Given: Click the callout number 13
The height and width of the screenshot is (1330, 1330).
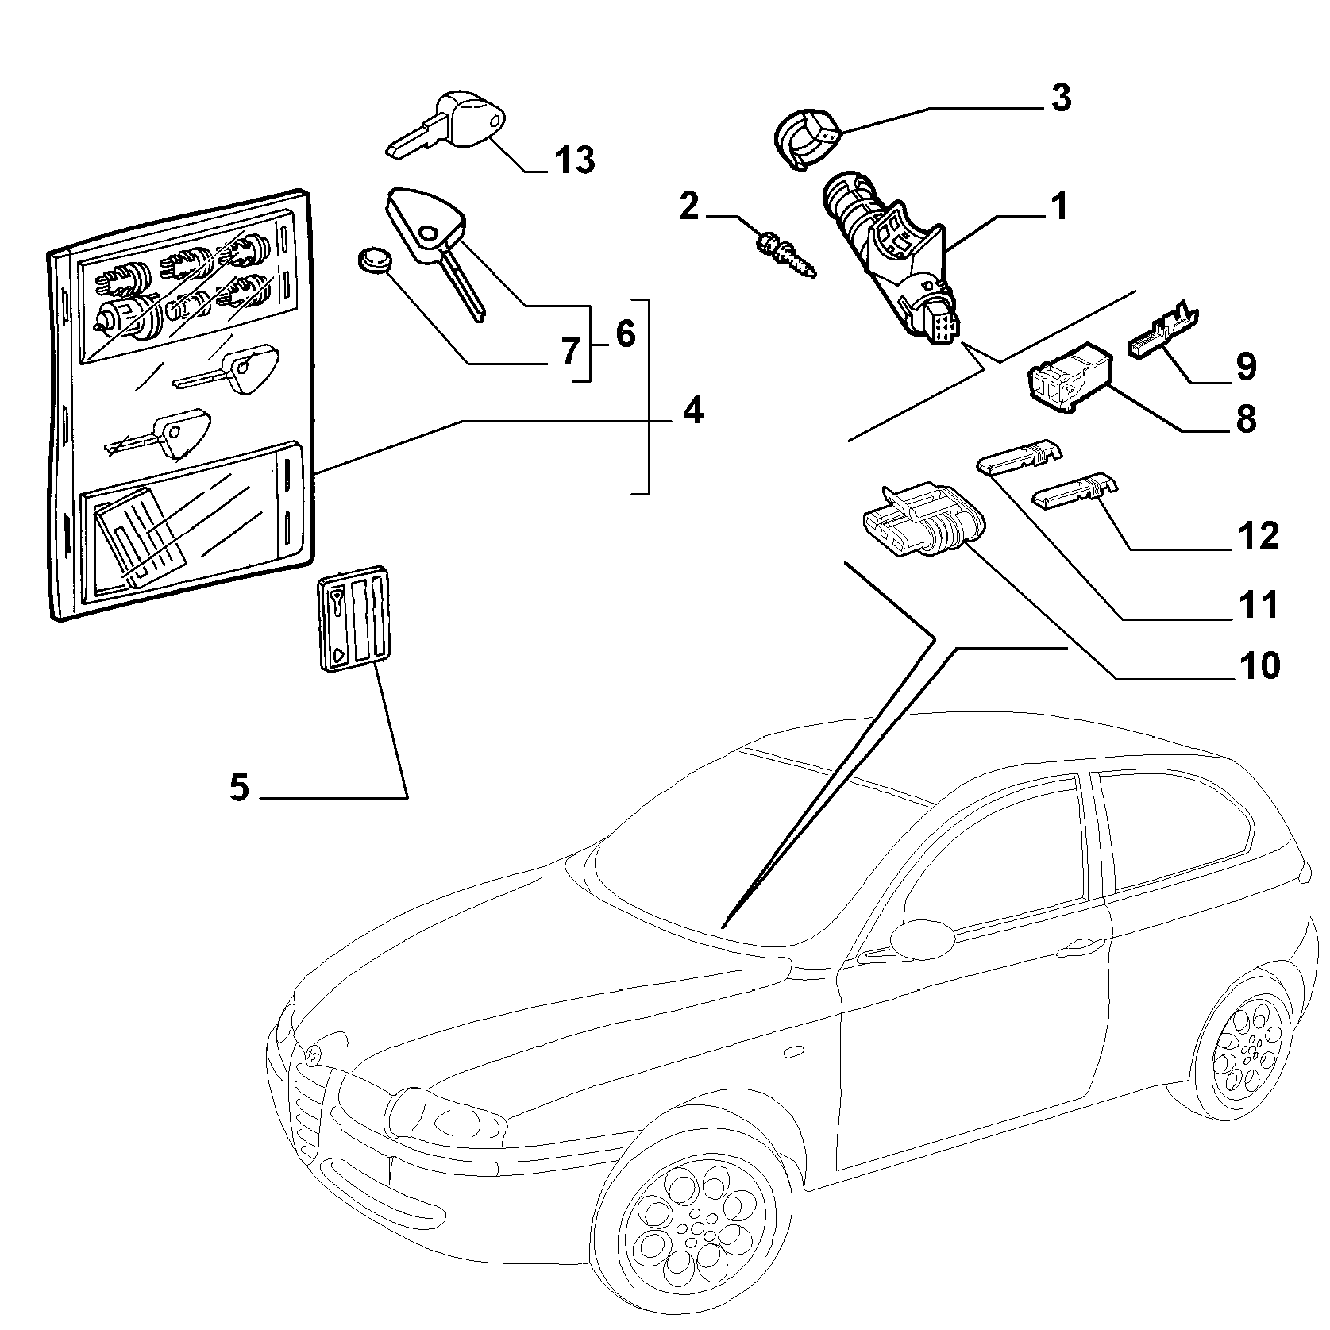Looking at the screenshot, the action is pos(574,160).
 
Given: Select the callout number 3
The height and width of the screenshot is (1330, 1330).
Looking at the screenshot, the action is pos(1061,98).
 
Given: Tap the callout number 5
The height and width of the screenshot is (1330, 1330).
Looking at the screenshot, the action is pos(239,788).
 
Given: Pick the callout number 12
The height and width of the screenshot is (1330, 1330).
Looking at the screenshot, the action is pos(1259,536).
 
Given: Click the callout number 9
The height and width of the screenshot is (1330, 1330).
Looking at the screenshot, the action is pos(1245,366).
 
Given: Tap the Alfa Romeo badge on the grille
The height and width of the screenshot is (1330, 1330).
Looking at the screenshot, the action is pos(314,1054).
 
